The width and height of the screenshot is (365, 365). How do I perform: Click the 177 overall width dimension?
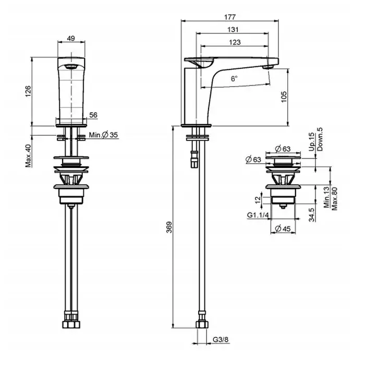[230, 17]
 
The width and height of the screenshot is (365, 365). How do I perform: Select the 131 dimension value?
[233, 30]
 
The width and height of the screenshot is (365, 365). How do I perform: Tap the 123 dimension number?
[235, 42]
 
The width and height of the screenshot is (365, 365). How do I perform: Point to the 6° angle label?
[234, 79]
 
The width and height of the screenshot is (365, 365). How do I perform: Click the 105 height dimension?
[284, 97]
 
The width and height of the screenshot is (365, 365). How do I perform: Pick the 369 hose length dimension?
[169, 227]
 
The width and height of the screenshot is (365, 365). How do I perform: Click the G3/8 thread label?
[221, 339]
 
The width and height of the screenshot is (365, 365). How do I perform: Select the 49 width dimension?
[71, 38]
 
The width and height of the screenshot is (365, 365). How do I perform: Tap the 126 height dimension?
[28, 91]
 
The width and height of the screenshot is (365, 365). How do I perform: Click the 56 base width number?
[93, 115]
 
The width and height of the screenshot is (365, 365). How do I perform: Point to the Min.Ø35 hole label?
[103, 135]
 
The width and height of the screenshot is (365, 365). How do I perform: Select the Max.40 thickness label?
[28, 156]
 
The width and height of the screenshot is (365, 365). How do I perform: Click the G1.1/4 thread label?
[258, 215]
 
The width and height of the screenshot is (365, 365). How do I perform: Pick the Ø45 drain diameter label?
[283, 228]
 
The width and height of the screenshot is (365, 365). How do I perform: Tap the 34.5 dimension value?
[312, 215]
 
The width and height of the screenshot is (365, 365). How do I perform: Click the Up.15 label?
[312, 142]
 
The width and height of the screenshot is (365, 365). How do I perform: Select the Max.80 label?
[334, 199]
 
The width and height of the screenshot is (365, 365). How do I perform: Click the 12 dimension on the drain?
[258, 200]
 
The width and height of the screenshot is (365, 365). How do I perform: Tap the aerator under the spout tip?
[267, 67]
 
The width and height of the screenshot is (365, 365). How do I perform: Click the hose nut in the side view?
[202, 324]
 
